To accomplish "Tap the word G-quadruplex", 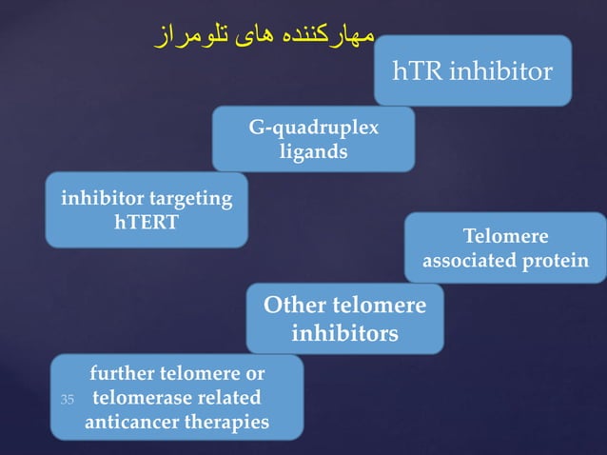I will (313, 129).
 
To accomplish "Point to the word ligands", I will (313, 151).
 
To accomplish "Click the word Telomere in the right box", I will (505, 236).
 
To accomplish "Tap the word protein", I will (555, 260).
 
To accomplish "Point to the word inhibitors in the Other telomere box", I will (344, 334).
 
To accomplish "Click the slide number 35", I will (67, 398).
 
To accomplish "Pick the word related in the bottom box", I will (233, 397).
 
